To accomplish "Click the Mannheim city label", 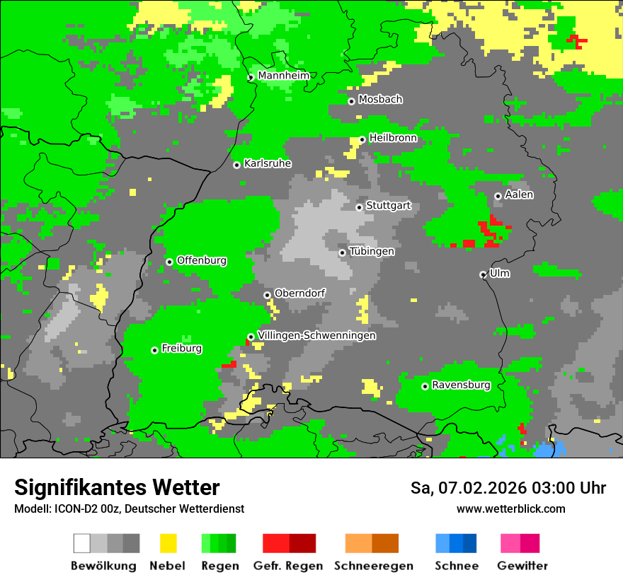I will click(283, 76).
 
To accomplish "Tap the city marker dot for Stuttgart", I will click(359, 207).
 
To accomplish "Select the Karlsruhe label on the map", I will click(267, 163).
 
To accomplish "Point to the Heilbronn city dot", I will click(362, 139).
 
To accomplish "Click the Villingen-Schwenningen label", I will click(316, 335).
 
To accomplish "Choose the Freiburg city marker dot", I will click(154, 350).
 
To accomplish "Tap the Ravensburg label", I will click(461, 385).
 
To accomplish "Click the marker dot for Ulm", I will click(483, 274).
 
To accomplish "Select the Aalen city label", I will click(519, 194).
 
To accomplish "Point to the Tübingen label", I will click(372, 251).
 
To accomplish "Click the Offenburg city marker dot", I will click(169, 262).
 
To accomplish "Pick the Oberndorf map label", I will click(299, 293).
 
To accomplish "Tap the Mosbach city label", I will click(380, 100).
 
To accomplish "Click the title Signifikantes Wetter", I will click(117, 487).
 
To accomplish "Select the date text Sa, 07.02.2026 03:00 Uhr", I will click(508, 488).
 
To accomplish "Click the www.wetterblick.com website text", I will click(510, 508).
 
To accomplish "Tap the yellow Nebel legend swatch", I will click(168, 543).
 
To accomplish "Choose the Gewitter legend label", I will click(522, 566).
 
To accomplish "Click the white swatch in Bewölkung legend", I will click(82, 543).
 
